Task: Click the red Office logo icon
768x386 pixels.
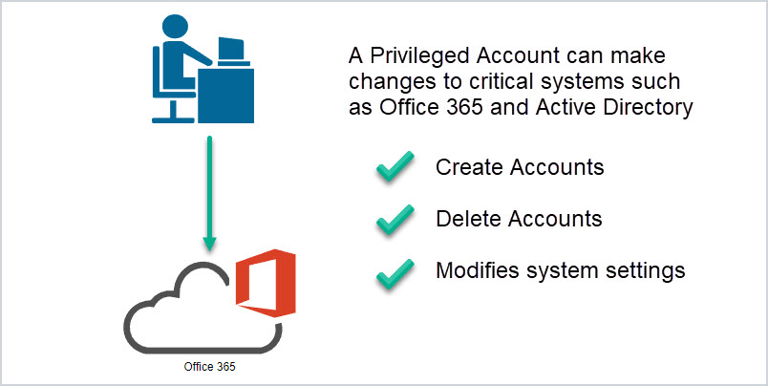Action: coord(266,283)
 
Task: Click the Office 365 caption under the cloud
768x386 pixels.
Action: coord(209,367)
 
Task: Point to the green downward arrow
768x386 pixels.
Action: coord(209,193)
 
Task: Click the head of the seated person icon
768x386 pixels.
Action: coord(176,27)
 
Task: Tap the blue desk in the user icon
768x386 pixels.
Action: coord(225,96)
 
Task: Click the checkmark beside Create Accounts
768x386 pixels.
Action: coord(395,166)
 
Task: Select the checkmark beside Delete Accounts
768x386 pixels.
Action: coord(395,219)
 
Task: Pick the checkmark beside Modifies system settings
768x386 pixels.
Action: coord(395,273)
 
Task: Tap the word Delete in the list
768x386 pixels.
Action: coord(468,219)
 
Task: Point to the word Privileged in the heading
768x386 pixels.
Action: coord(419,56)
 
